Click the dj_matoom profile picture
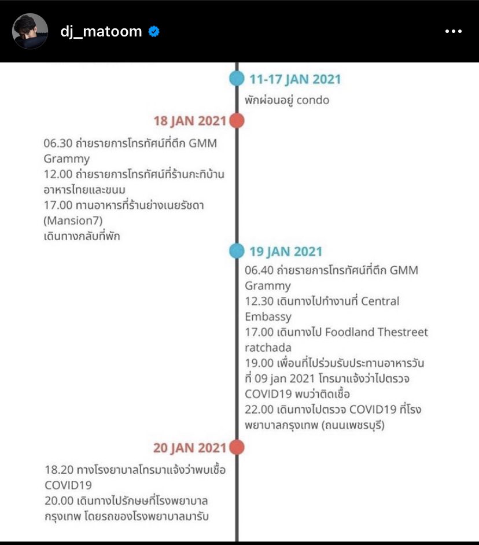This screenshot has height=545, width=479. tap(30, 31)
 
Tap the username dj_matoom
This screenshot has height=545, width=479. tap(101, 32)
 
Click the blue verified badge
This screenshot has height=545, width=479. tap(154, 32)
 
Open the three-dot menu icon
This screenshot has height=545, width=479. tap(453, 32)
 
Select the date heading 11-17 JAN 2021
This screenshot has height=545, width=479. tap(295, 79)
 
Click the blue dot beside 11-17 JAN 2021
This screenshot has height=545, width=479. tap(237, 79)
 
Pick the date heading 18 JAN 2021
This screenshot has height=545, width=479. tap(190, 121)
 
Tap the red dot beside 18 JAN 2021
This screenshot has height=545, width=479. tap(236, 121)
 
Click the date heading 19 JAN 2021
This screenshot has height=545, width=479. tap(286, 252)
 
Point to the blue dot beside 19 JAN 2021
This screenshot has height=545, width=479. tap(237, 251)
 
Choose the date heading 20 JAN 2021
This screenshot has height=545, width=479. tap(190, 447)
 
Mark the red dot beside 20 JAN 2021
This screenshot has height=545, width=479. tap(236, 447)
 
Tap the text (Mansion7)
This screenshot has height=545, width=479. tap(72, 220)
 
